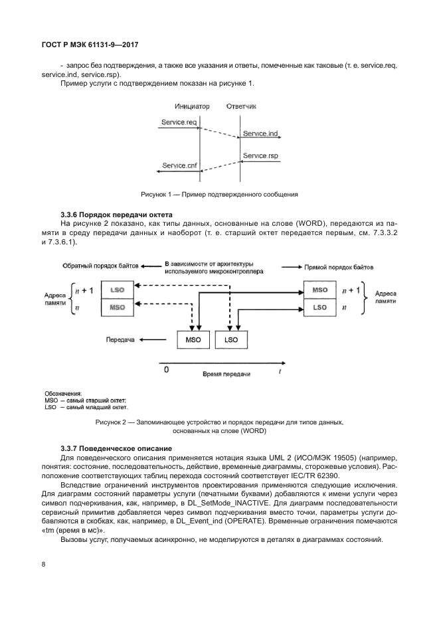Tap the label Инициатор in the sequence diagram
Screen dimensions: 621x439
[x=192, y=106]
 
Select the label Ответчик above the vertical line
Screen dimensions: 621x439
[x=241, y=106]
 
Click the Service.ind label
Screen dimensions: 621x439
[x=260, y=133]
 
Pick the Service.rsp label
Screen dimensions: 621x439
[x=260, y=155]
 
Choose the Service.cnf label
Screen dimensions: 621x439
[x=179, y=165]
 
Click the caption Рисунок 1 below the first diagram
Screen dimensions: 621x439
[x=219, y=195]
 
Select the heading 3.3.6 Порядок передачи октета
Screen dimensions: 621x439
[x=116, y=215]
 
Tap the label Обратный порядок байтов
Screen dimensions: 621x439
[x=100, y=266]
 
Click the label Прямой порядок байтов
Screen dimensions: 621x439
[x=339, y=266]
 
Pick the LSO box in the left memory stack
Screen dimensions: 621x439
[x=117, y=291]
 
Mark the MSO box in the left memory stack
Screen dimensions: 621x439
[x=117, y=308]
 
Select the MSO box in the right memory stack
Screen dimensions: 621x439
[x=319, y=291]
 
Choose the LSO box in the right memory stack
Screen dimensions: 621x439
[x=319, y=308]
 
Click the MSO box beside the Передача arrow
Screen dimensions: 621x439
[x=194, y=339]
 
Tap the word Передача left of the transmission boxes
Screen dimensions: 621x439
[x=120, y=339]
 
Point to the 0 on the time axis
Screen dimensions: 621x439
[x=166, y=369]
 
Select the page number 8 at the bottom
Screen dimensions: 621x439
[x=43, y=565]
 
